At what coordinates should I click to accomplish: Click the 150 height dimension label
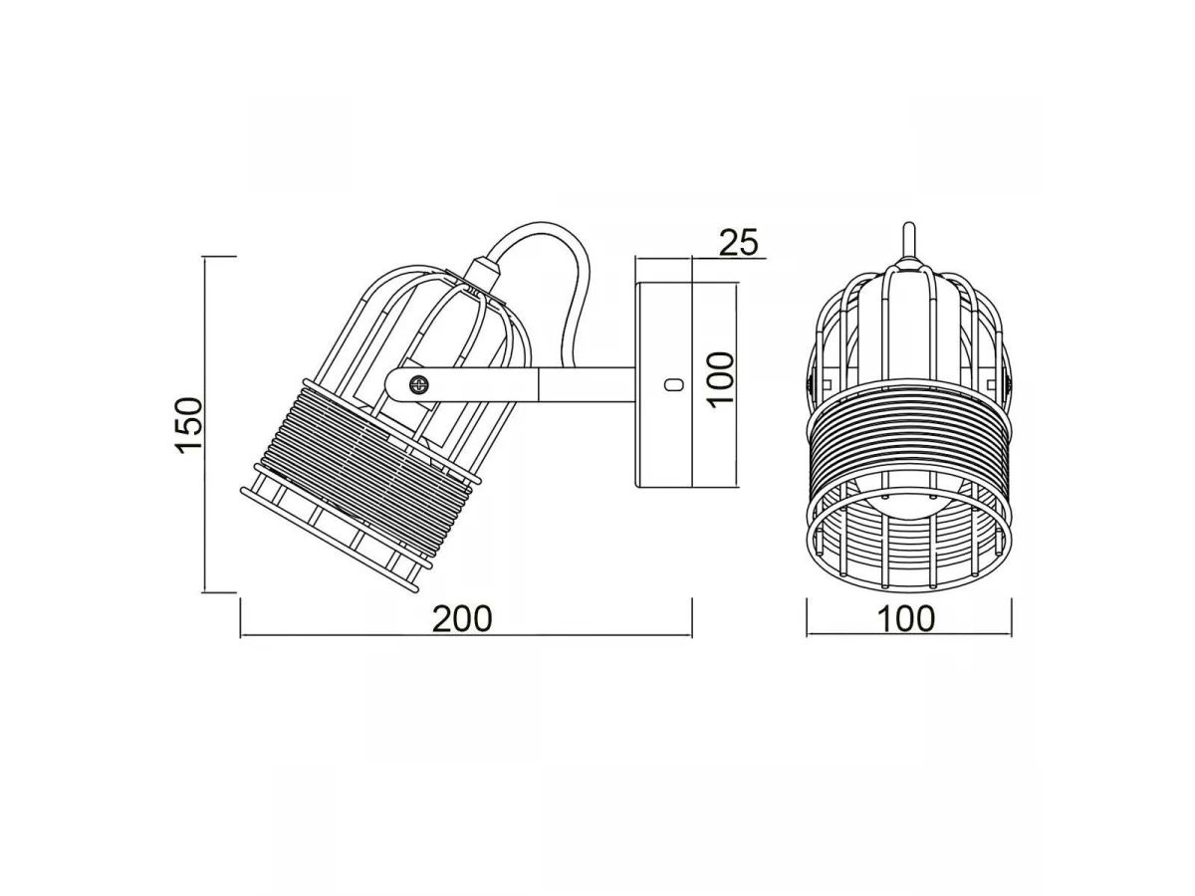(188, 425)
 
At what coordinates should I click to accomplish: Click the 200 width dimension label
(462, 618)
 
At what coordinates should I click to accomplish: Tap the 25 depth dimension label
(738, 242)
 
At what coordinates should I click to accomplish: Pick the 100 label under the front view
(906, 618)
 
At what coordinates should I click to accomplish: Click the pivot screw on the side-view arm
(418, 385)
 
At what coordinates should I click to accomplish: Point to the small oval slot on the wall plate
(673, 385)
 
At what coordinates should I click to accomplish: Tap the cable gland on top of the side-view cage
(483, 272)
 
